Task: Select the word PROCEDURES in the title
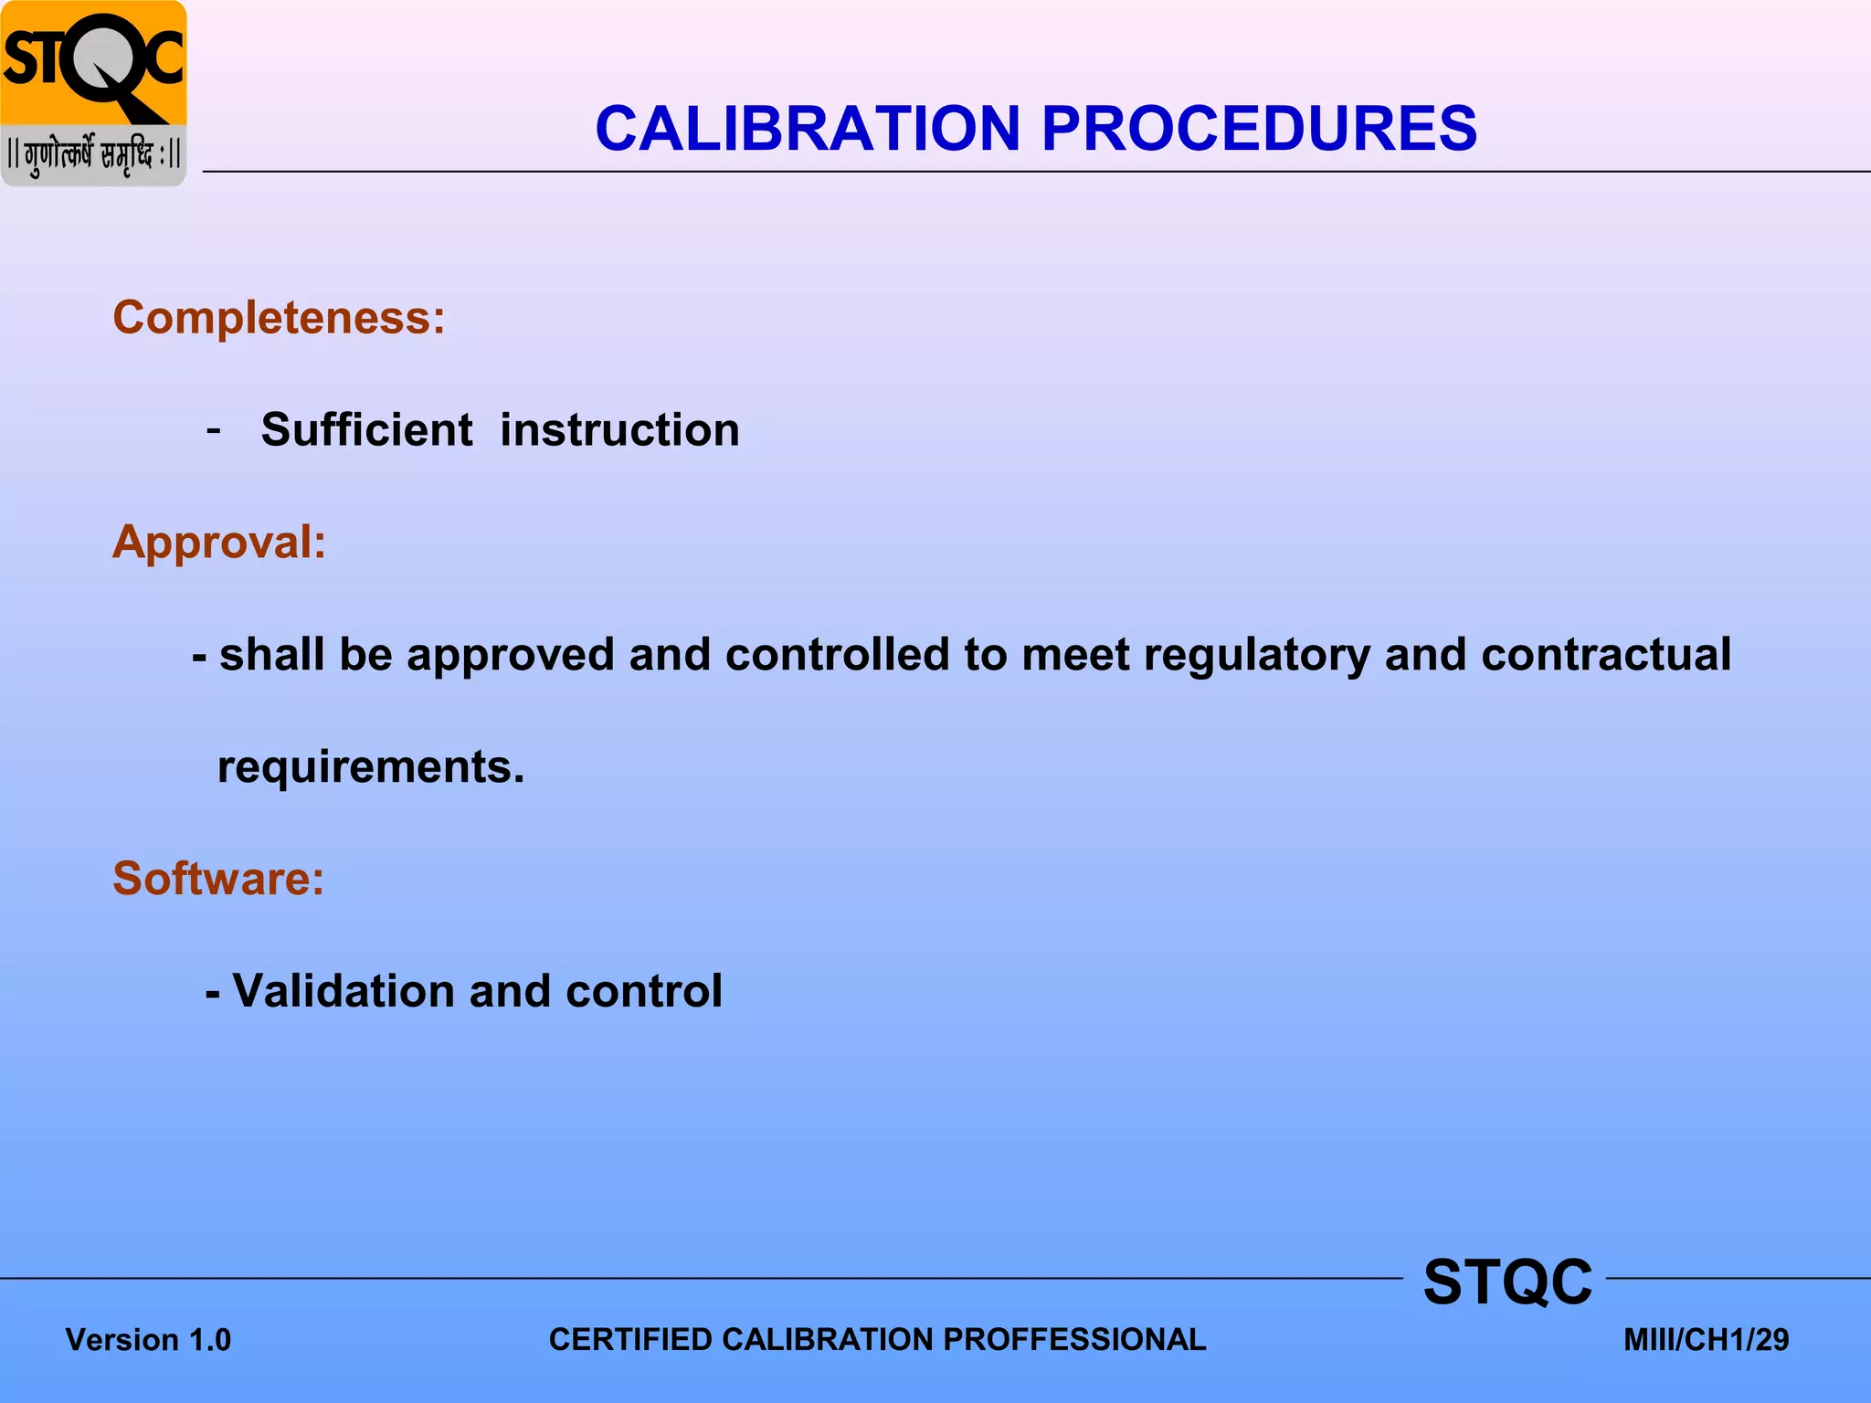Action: pos(1259,128)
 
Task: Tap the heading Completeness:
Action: pos(279,318)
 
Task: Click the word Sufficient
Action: pos(366,430)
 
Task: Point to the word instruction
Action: pos(619,430)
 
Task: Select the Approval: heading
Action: pos(219,542)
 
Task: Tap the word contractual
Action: pos(1605,654)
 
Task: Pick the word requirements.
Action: pos(370,767)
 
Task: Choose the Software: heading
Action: pos(218,879)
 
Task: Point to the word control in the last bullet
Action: pos(643,991)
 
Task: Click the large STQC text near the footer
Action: pos(1507,1282)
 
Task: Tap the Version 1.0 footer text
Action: pos(148,1340)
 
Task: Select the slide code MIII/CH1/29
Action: pos(1706,1340)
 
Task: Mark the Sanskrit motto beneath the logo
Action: pos(93,155)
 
